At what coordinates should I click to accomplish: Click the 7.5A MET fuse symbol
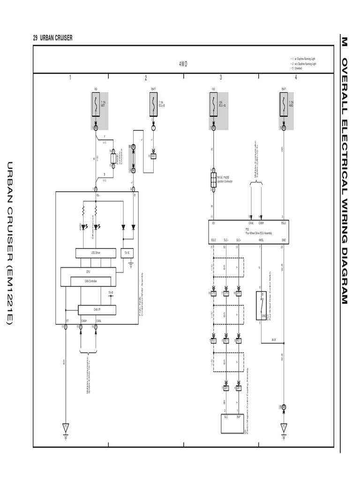[96, 104]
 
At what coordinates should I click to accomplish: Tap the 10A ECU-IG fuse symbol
[213, 104]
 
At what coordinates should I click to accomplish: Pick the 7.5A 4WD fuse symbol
[283, 104]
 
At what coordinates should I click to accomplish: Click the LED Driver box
[96, 253]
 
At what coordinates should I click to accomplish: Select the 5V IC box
[127, 253]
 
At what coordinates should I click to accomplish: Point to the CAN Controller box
[93, 281]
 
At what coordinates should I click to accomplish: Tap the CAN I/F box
[97, 310]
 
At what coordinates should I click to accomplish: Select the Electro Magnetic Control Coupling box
[232, 423]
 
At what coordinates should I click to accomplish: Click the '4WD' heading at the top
[183, 64]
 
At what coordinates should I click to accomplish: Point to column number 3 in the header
[221, 78]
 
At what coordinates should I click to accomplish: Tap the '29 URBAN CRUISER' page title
[53, 38]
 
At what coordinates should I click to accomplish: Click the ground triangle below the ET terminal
[66, 427]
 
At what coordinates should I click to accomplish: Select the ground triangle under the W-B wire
[283, 427]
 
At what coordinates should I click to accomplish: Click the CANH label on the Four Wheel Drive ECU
[262, 223]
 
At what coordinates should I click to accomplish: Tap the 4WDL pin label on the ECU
[261, 240]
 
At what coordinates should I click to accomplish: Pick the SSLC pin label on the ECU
[213, 240]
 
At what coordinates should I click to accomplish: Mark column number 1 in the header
[70, 78]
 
